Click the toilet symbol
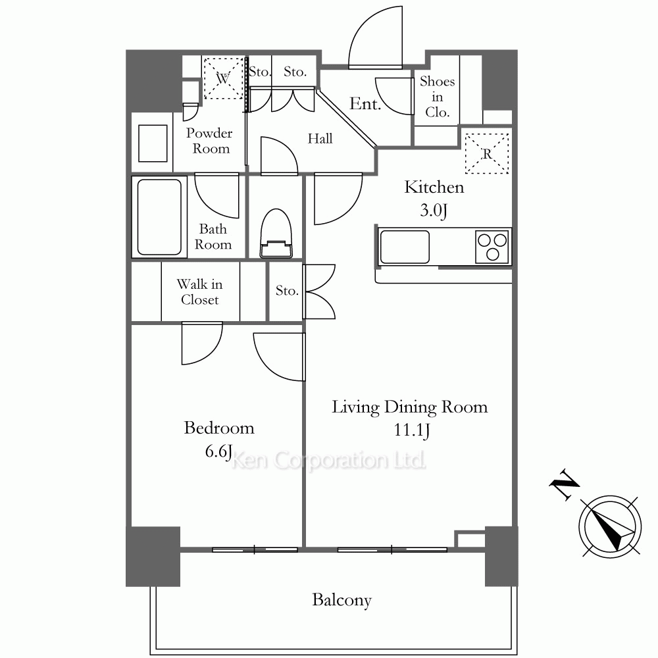coord(276,234)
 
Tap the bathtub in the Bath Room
coord(159,217)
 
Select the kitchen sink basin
coord(405,247)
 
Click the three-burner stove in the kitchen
coord(492,247)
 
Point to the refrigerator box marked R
coord(487,153)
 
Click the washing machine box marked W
coord(224,78)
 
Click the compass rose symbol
coord(611,526)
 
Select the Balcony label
coord(342,600)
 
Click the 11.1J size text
coord(412,430)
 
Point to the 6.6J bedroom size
coord(218,451)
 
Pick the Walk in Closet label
coord(200,291)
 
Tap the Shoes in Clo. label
coord(438,97)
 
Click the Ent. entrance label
coord(365,104)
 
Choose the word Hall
coord(320,138)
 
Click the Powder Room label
coord(209,141)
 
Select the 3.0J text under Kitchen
coord(434,211)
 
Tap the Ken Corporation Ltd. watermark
coord(328,461)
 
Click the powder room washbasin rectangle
coord(153,143)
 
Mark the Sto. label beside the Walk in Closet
coord(287,290)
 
